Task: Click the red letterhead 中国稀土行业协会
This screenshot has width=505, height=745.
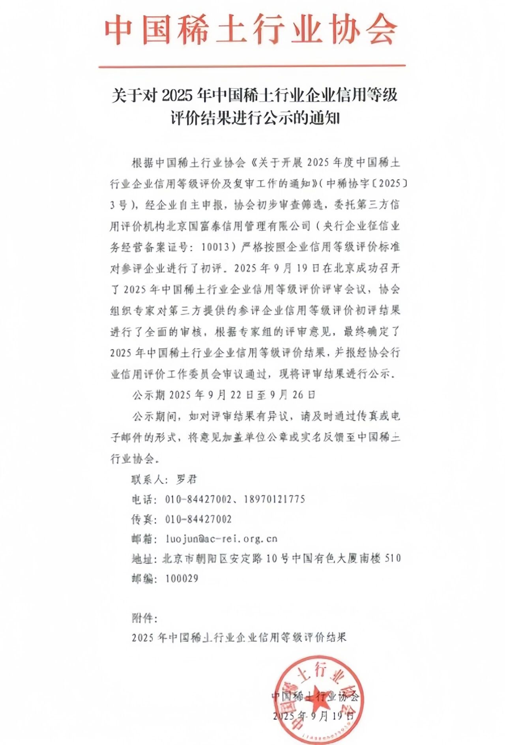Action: point(251,30)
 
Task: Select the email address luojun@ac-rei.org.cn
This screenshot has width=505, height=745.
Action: point(221,539)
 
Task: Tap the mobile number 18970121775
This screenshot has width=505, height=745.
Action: point(274,499)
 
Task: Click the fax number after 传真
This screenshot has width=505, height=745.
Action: point(198,519)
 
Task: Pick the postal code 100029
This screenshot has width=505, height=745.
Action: point(181,578)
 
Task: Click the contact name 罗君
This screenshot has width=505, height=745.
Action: point(186,479)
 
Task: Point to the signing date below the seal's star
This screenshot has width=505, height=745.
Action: point(314,716)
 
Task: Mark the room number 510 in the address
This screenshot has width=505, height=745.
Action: point(393,558)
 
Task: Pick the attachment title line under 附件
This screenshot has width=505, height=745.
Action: point(239,638)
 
